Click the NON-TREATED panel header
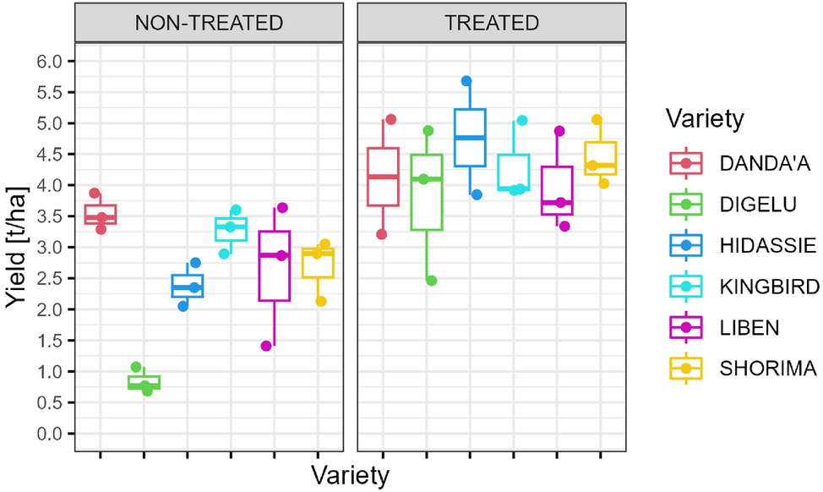(210, 23)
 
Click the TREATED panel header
(491, 23)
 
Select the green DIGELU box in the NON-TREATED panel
(144, 382)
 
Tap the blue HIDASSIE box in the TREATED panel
(470, 138)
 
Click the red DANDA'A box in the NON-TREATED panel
(100, 215)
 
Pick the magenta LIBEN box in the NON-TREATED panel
(275, 265)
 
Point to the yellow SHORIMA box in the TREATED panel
(600, 159)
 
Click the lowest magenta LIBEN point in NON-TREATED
(266, 346)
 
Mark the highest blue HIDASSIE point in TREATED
(466, 81)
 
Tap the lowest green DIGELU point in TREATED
(432, 281)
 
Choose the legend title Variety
(704, 118)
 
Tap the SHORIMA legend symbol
(685, 369)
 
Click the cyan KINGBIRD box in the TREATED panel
(513, 172)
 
